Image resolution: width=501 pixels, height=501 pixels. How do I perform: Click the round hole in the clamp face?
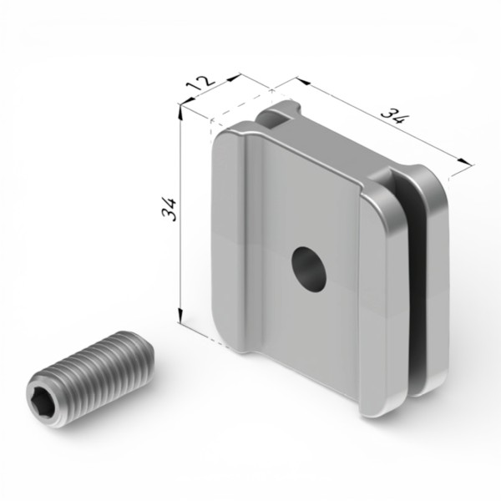(309, 269)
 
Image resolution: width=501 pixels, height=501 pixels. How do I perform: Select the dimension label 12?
(200, 83)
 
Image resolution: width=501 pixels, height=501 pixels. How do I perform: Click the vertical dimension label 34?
(170, 210)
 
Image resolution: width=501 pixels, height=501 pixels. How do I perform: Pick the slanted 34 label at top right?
(393, 116)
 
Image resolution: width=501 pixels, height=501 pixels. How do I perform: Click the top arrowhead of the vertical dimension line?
(180, 113)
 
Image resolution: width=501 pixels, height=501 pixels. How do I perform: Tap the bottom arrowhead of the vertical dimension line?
(180, 316)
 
